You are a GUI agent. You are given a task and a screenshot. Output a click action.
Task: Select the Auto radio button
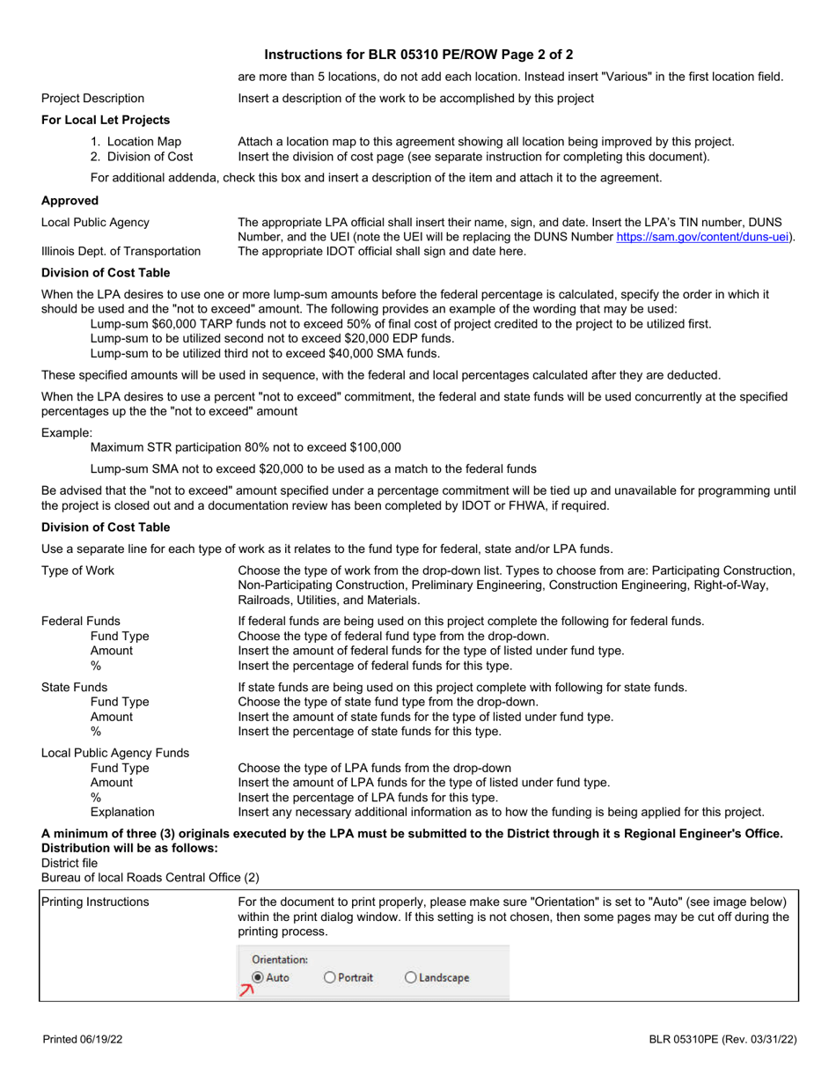[258, 976]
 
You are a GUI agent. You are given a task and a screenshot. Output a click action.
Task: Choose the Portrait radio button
[330, 976]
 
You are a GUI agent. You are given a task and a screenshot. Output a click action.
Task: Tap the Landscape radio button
[411, 976]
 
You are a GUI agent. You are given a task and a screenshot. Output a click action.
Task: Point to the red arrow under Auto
[247, 991]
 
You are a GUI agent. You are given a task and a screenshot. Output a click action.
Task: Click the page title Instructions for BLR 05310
[418, 54]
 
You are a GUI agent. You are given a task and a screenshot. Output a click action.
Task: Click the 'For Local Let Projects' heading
[106, 120]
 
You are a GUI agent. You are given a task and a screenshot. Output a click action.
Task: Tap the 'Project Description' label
[93, 98]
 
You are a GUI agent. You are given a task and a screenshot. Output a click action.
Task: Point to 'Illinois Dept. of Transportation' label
[121, 252]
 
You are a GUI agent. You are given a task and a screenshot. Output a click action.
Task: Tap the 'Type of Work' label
[78, 571]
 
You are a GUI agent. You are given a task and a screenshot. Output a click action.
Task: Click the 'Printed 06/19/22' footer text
[83, 1040]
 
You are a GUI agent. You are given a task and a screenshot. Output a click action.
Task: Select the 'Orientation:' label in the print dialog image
[280, 959]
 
